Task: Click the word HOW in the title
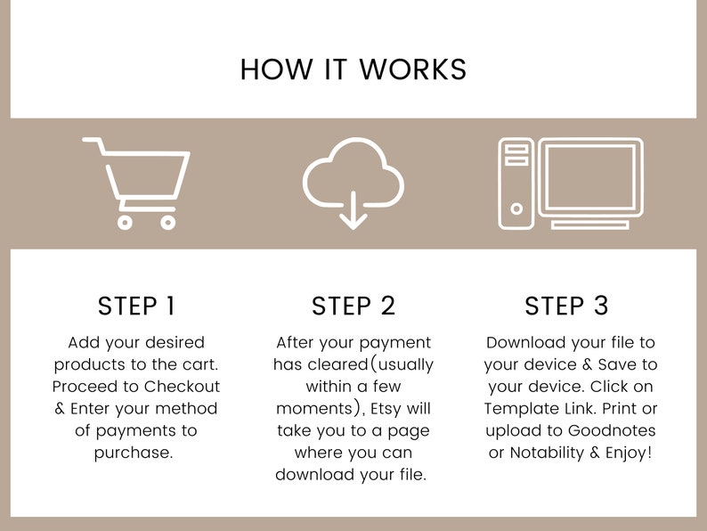[x=276, y=69]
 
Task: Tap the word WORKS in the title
[x=413, y=69]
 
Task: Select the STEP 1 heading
[x=136, y=306]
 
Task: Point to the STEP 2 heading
[x=353, y=306]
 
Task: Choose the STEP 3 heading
[x=567, y=306]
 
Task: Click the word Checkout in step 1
[x=183, y=387]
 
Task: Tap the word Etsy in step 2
[x=386, y=409]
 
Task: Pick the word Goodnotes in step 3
[x=612, y=430]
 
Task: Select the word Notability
[x=547, y=453]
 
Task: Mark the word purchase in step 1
[x=134, y=453]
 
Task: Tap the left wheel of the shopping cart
[x=125, y=222]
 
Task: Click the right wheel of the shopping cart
[x=167, y=222]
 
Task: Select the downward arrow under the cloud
[x=353, y=210]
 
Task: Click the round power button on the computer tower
[x=516, y=208]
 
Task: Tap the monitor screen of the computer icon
[x=590, y=177]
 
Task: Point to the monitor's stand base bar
[x=590, y=225]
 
